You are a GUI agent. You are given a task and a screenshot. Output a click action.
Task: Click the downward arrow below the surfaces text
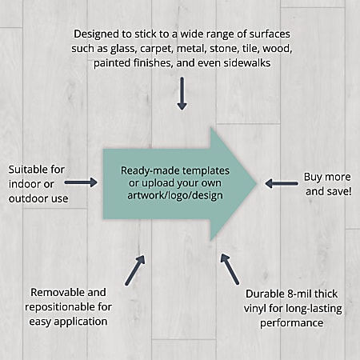click(x=182, y=94)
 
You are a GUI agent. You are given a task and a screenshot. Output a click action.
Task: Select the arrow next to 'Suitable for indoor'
click(x=81, y=182)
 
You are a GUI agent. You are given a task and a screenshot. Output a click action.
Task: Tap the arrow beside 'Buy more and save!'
click(x=282, y=183)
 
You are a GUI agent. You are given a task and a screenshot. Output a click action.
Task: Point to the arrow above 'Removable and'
click(x=135, y=270)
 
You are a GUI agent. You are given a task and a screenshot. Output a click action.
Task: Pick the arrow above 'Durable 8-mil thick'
click(x=230, y=269)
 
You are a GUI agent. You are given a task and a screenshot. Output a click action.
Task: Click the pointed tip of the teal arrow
click(x=257, y=183)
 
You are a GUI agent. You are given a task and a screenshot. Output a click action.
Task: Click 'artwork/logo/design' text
click(x=175, y=195)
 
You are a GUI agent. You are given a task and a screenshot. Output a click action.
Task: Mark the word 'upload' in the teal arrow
click(x=155, y=183)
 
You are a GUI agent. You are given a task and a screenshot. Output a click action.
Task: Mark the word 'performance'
click(x=292, y=323)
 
